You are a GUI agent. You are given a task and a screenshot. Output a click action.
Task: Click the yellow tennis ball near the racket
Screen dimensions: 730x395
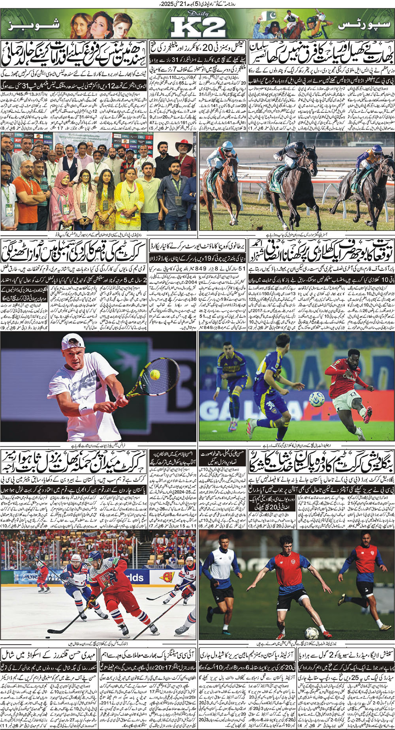coord(154,374)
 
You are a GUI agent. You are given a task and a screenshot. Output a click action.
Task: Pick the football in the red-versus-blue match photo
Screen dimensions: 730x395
coord(316,399)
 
